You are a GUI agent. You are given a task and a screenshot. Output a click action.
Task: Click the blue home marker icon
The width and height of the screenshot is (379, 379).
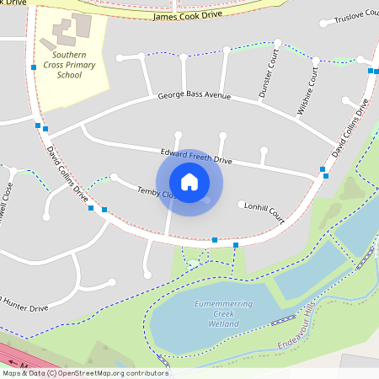pos(189,181)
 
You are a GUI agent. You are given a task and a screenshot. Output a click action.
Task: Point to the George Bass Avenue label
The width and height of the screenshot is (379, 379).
pos(194,97)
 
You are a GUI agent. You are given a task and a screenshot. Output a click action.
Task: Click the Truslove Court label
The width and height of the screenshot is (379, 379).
pos(356,19)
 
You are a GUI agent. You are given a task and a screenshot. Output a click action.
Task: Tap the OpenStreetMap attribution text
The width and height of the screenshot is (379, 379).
pos(84,373)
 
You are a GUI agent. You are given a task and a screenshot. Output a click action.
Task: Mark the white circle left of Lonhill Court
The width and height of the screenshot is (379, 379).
pos(242,204)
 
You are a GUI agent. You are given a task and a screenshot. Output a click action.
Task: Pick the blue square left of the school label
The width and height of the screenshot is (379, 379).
pos(33,67)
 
